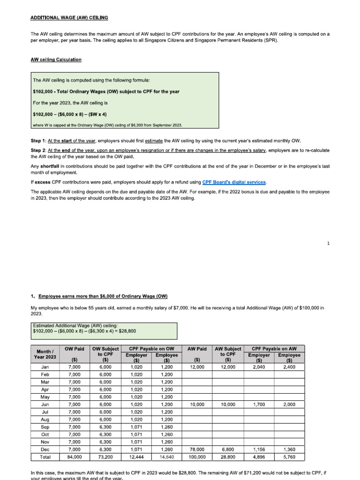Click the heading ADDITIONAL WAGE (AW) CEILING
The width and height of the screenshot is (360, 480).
[x=69, y=17]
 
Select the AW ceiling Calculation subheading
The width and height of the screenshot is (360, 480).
[x=56, y=60]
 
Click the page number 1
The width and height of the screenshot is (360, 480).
[x=329, y=243]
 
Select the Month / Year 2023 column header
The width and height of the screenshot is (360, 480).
[x=46, y=354]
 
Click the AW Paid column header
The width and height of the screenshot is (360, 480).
[x=197, y=349]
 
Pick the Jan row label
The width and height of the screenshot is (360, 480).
[x=46, y=367]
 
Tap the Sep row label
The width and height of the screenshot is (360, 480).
[x=46, y=427]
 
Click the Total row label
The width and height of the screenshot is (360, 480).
[x=46, y=457]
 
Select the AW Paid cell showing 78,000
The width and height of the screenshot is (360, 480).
[x=197, y=449]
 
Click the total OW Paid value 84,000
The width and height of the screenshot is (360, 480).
[x=75, y=457]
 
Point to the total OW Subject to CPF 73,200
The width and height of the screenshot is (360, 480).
[x=105, y=457]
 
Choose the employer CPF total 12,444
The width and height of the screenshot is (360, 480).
[x=136, y=457]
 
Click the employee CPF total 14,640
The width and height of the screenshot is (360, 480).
[x=166, y=457]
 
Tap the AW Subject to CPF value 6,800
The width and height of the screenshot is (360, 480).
[x=227, y=449]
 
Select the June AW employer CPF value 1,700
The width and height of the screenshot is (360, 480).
[x=259, y=404]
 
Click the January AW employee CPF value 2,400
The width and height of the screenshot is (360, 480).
[x=289, y=367]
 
